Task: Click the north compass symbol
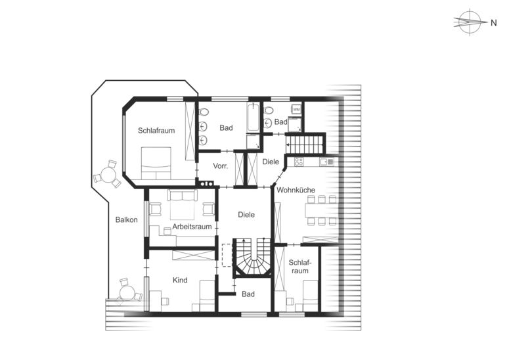coord(470,22)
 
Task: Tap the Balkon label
coord(126,220)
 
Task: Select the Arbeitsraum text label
coord(192,227)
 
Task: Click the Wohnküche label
coord(296,190)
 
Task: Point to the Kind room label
coord(180,280)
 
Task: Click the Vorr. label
coord(221,166)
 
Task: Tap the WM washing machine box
coord(296,110)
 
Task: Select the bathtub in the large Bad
coord(254,117)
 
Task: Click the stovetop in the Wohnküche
coord(299,162)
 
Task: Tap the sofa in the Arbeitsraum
coord(182,195)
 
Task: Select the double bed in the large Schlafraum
coord(156,164)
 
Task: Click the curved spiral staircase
coord(252,258)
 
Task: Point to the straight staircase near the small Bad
coord(305,144)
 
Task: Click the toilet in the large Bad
coord(204,112)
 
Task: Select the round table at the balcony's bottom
coord(127,292)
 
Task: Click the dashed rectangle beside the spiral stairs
coord(227,255)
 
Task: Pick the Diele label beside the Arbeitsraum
coord(246,215)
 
